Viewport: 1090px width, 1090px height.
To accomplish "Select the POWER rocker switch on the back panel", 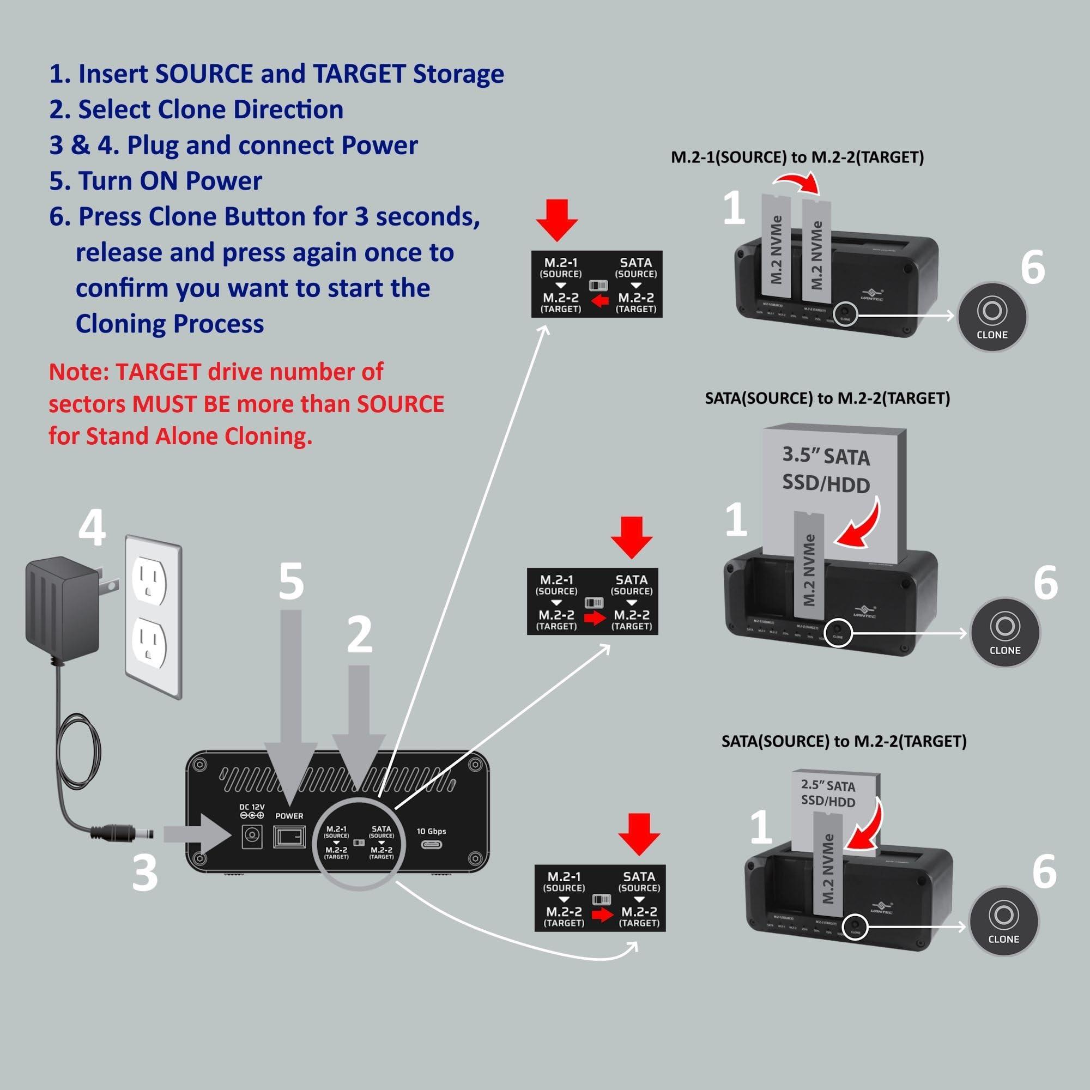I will point(289,837).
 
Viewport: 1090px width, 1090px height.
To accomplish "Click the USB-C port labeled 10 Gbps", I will point(432,845).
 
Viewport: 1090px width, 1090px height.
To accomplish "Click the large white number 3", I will point(144,872).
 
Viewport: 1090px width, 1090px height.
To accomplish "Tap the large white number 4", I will point(92,528).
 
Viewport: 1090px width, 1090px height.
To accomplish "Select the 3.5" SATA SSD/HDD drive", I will point(826,471).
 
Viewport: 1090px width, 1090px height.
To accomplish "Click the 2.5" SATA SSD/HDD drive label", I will point(828,793).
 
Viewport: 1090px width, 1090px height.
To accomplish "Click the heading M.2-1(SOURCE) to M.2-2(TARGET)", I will point(797,158).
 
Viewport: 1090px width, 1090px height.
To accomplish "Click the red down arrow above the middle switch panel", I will point(631,538).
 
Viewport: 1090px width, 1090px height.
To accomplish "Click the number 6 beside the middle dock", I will point(1045,583).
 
